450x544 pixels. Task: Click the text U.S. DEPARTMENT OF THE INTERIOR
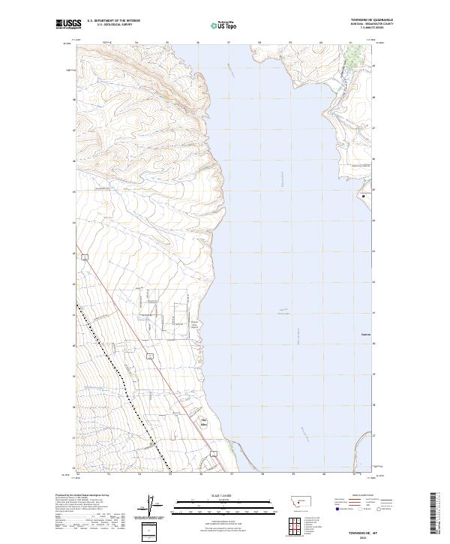coord(113,22)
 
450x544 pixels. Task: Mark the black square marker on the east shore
coord(367,196)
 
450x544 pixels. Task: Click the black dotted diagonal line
coord(120,375)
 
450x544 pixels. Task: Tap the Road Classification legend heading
coord(363,496)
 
